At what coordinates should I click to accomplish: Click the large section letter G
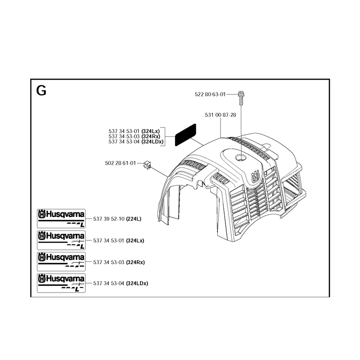tap(41, 90)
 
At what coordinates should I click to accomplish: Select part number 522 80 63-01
tap(210, 94)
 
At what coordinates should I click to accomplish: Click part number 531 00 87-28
tap(220, 115)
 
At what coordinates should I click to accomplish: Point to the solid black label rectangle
tap(185, 135)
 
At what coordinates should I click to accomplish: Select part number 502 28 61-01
tap(120, 163)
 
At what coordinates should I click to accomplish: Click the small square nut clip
tap(148, 165)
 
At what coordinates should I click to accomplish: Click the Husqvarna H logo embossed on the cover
tap(256, 176)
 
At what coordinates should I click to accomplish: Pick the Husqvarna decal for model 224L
tap(61, 218)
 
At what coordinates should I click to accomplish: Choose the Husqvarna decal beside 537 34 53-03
tap(61, 261)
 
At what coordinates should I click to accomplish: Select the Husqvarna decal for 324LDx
tap(61, 283)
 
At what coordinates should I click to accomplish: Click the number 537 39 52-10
tap(109, 219)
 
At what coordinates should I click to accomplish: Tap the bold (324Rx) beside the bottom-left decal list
tap(135, 262)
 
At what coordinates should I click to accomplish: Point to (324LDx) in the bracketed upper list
tap(153, 142)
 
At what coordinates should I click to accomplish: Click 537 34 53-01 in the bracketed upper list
tap(124, 131)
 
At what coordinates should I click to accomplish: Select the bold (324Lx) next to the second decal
tap(135, 241)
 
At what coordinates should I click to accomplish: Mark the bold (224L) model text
tap(134, 219)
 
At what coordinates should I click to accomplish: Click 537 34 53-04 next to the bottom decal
tap(109, 283)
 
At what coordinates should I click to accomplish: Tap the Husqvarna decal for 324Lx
tap(61, 240)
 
